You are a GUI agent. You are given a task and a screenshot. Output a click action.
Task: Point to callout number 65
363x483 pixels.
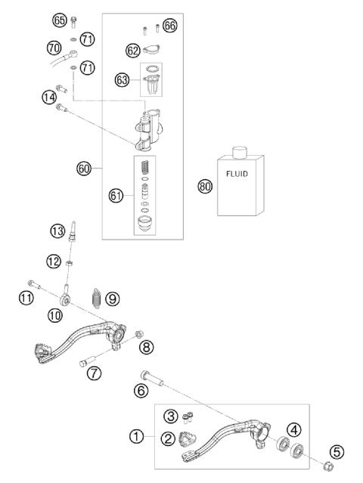(60, 20)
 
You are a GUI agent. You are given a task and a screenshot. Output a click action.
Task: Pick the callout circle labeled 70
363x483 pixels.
(53, 47)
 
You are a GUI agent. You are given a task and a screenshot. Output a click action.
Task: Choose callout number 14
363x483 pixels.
(49, 97)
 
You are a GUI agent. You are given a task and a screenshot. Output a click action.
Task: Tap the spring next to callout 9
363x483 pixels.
(96, 298)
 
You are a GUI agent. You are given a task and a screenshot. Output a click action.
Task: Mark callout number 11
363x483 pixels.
(26, 299)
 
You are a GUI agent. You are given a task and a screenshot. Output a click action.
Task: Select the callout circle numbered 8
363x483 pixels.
(146, 346)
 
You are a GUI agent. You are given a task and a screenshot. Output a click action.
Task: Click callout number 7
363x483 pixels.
(94, 373)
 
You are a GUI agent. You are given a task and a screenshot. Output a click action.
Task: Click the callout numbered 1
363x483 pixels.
(136, 437)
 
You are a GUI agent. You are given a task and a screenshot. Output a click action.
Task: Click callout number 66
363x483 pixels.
(170, 26)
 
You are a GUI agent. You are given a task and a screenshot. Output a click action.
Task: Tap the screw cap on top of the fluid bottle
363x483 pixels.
(240, 153)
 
